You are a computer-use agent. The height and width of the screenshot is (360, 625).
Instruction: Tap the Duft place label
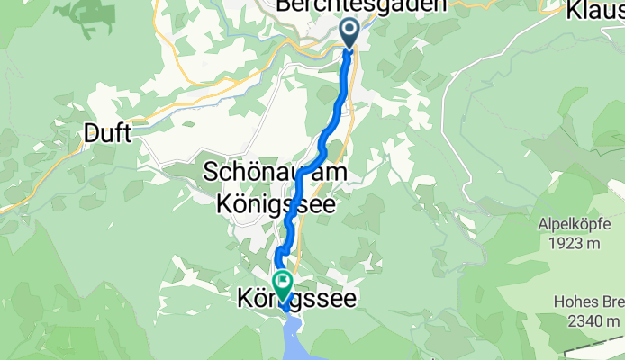[x=107, y=134]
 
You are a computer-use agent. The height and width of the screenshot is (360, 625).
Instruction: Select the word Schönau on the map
[x=249, y=171]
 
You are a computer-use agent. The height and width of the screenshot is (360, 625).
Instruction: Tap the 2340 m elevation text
[x=597, y=321]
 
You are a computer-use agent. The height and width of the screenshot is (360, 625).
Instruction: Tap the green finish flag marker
[x=283, y=283]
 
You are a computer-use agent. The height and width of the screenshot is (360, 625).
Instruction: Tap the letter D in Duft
[x=92, y=134]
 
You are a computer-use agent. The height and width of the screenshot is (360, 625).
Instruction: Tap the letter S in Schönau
[x=213, y=171]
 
